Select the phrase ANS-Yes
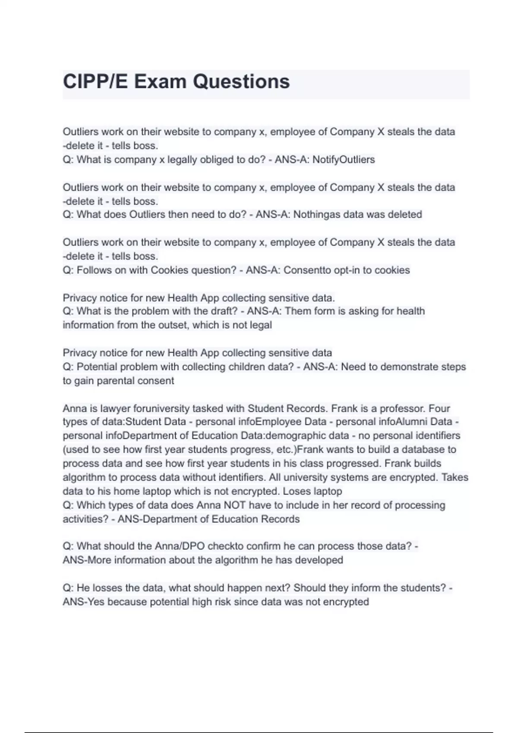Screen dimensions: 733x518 point(83,601)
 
